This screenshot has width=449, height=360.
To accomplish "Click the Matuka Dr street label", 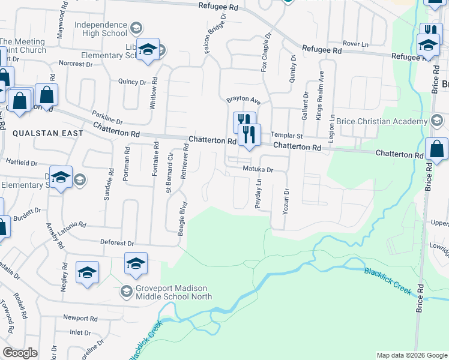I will click(x=258, y=170).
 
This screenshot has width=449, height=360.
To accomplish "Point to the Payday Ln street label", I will click(x=258, y=193).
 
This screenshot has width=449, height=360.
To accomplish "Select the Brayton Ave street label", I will click(x=243, y=100).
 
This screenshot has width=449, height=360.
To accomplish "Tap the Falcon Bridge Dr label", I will click(x=215, y=35).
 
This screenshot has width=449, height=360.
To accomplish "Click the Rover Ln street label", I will click(x=356, y=44).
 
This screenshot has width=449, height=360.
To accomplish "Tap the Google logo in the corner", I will click(x=20, y=353).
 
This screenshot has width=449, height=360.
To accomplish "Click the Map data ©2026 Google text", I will click(x=411, y=355).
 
